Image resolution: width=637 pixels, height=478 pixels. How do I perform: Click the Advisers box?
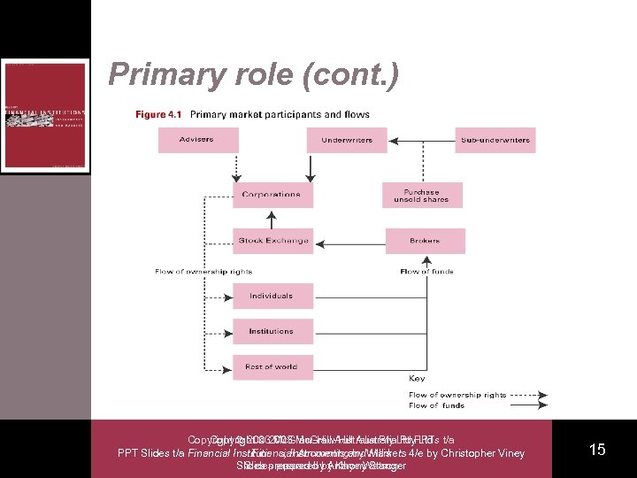point(198,140)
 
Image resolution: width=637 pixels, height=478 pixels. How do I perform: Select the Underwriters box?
point(346,140)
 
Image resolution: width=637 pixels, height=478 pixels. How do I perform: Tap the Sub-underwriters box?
point(495,140)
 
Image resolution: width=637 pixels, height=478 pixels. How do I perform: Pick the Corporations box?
point(272,194)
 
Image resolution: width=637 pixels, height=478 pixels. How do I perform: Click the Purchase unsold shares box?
point(422,195)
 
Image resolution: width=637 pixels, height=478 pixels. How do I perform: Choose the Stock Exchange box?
point(272,240)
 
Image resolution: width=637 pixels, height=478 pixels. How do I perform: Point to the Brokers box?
point(425,240)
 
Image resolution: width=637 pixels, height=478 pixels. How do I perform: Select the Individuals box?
point(272,296)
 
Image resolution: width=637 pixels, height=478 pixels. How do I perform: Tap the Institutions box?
point(272,331)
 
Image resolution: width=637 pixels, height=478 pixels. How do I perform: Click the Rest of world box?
point(272,366)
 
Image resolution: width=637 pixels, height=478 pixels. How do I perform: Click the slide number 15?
point(597,450)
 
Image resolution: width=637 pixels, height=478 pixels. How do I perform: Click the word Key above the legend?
point(416,378)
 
